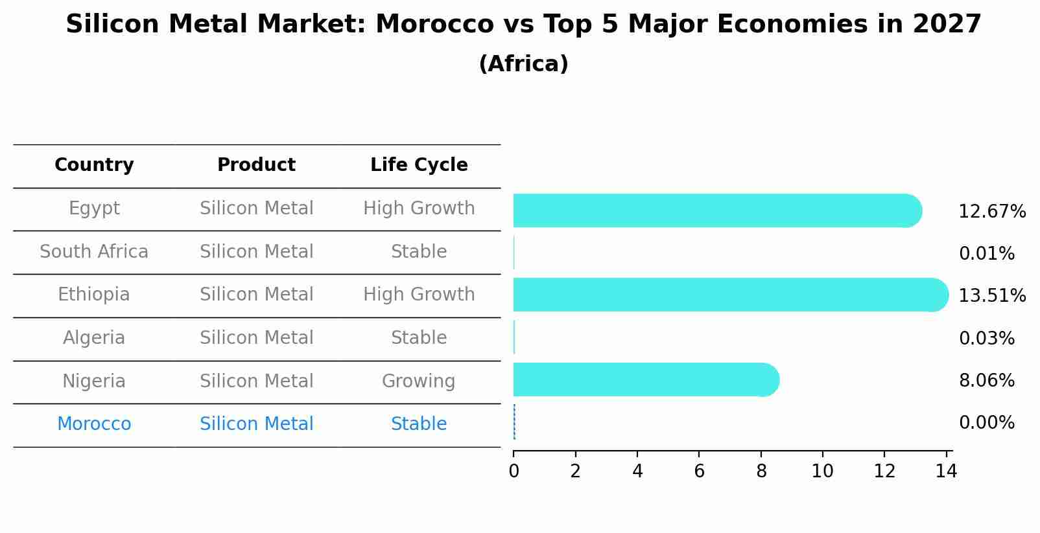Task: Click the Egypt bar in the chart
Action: pyautogui.click(x=716, y=210)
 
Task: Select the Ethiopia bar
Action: pyautogui.click(x=729, y=295)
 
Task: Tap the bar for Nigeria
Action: pyautogui.click(x=645, y=380)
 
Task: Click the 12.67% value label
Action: pyautogui.click(x=991, y=212)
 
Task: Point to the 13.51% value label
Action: pyautogui.click(x=991, y=296)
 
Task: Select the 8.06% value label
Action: pyautogui.click(x=986, y=380)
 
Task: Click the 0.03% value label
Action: pyautogui.click(x=986, y=338)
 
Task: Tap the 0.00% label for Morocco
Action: pyautogui.click(x=986, y=423)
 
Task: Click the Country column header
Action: pyautogui.click(x=94, y=165)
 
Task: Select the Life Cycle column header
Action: pyautogui.click(x=419, y=165)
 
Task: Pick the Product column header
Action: pyautogui.click(x=256, y=165)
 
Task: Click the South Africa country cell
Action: pyautogui.click(x=94, y=251)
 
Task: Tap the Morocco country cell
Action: pyautogui.click(x=94, y=424)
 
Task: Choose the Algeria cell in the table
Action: pyautogui.click(x=94, y=338)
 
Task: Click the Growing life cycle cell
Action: pyautogui.click(x=418, y=381)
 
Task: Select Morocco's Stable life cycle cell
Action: pyautogui.click(x=418, y=424)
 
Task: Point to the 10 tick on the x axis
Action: pyautogui.click(x=822, y=471)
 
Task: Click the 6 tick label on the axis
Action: pyautogui.click(x=699, y=471)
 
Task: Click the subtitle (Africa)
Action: pyautogui.click(x=523, y=64)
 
